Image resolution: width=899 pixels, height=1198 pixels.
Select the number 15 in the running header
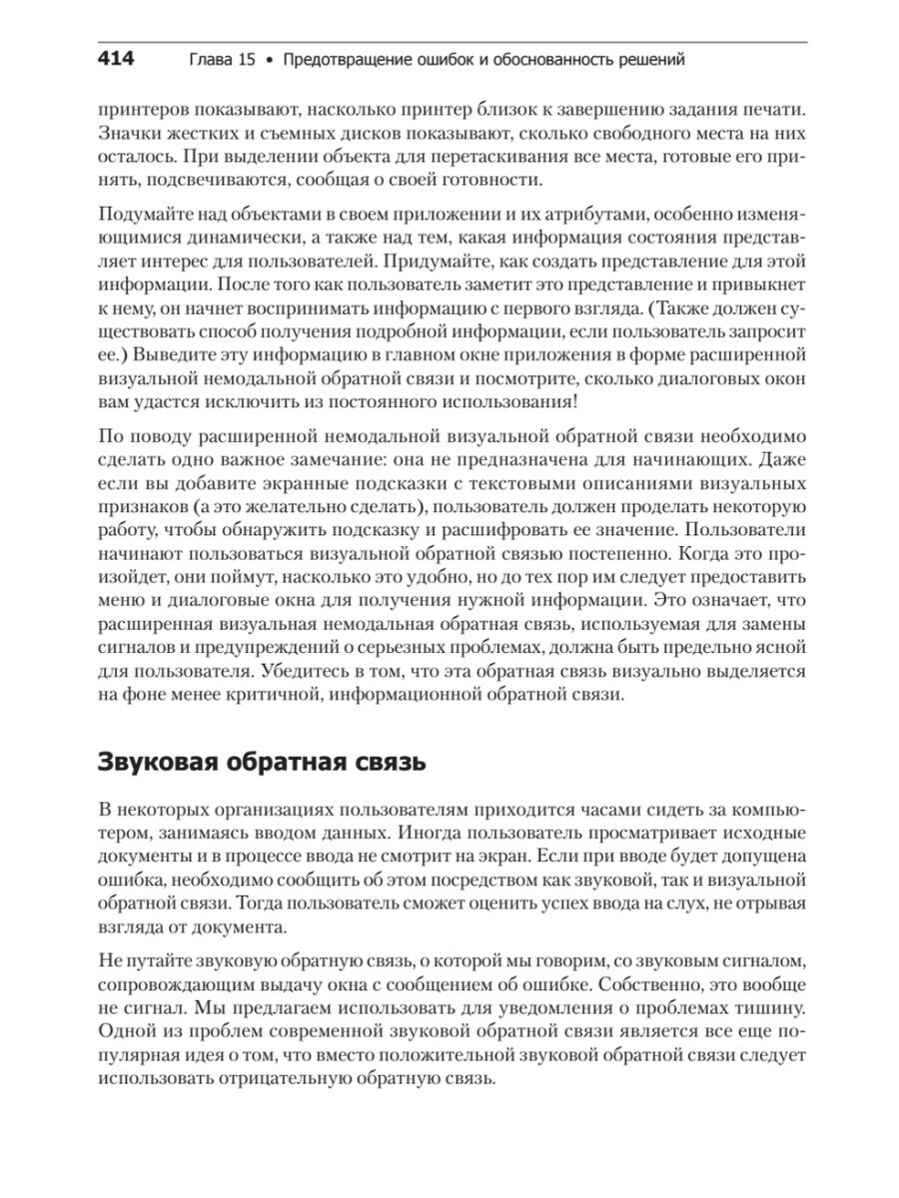(248, 61)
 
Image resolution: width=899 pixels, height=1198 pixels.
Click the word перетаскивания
(434, 156)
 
